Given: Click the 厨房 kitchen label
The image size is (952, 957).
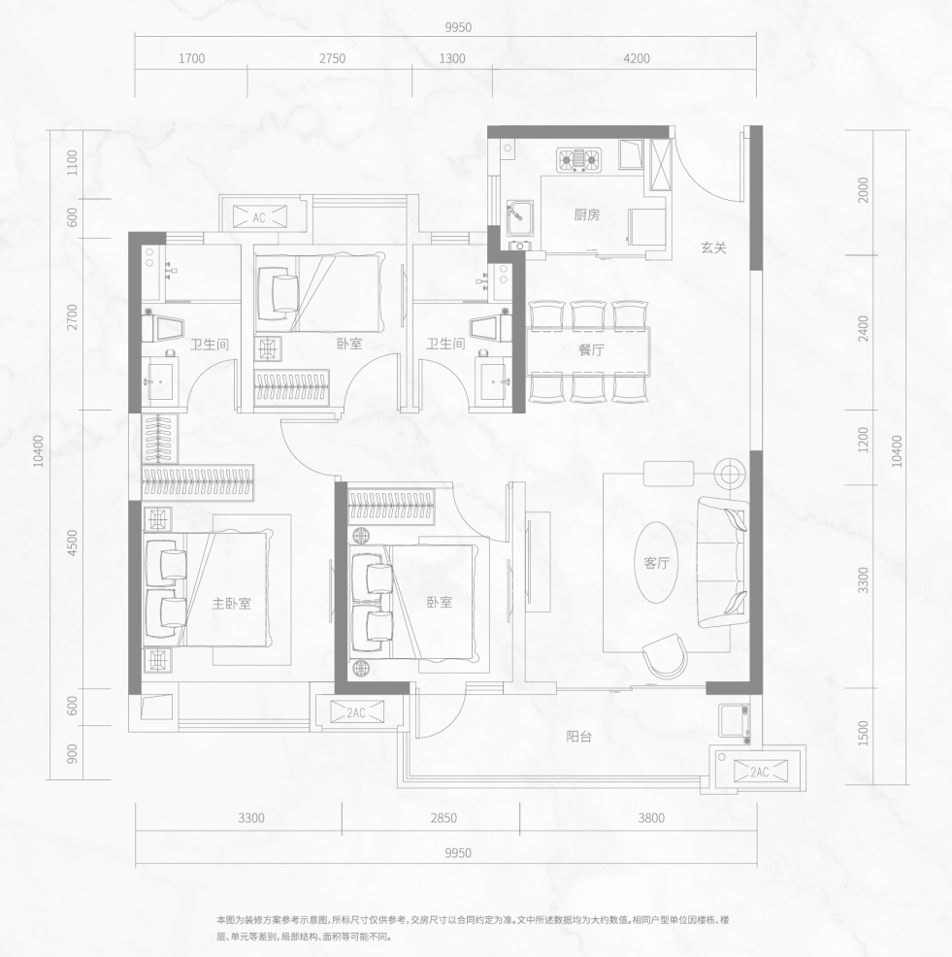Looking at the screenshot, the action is click(586, 214).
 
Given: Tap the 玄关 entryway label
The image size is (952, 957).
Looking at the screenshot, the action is click(713, 247).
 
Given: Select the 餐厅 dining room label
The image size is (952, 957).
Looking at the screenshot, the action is click(591, 350).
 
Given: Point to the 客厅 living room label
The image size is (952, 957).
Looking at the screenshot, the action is click(657, 563).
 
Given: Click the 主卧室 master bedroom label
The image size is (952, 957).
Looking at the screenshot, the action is click(231, 604).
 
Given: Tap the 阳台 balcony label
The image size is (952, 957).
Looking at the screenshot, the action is click(578, 737).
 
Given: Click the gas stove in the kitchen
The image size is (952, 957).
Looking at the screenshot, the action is click(578, 160).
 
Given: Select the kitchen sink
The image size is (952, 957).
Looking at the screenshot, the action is click(520, 217).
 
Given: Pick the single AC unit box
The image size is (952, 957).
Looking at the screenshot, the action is click(260, 217).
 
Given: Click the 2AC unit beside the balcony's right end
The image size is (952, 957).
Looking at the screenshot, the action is click(760, 772).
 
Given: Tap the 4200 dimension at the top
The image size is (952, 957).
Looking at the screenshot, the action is click(637, 58).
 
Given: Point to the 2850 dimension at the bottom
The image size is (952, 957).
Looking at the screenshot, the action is click(443, 818).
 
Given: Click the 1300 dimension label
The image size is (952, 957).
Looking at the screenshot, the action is click(452, 58).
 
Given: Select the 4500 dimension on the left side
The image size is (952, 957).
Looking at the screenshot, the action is click(73, 543).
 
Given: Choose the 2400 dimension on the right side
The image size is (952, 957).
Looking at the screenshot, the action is click(863, 328).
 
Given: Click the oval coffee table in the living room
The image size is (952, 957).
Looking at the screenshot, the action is click(656, 562).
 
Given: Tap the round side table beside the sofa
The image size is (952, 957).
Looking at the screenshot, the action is click(730, 474).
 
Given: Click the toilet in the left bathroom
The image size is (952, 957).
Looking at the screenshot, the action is click(163, 328).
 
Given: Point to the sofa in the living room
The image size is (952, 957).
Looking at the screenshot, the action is click(723, 562).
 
